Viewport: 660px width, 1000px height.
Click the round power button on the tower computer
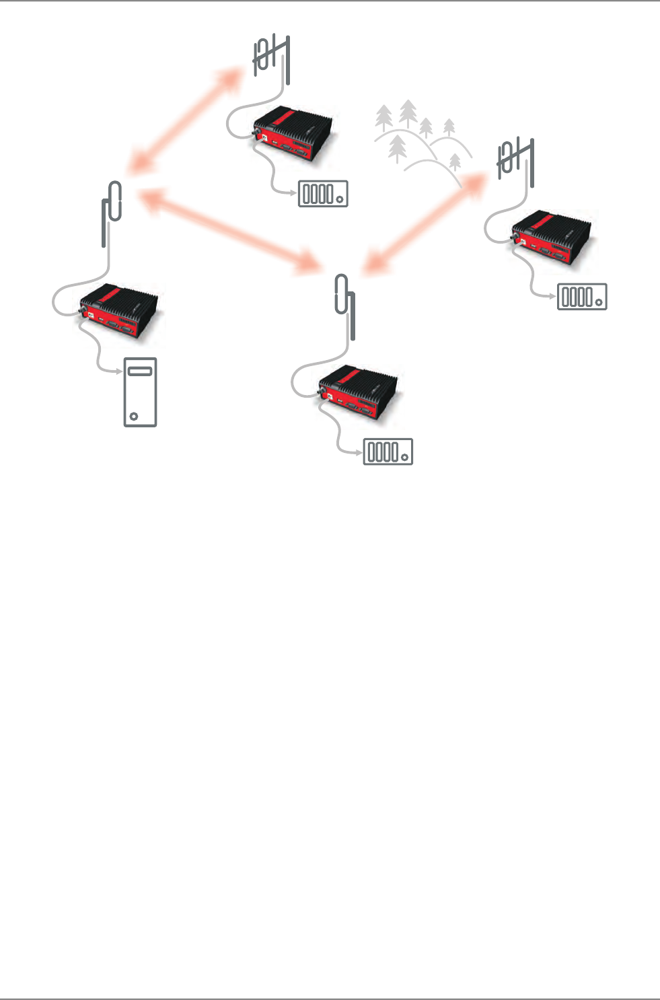pyautogui.click(x=134, y=416)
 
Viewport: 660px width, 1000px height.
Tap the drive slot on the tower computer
pyautogui.click(x=140, y=371)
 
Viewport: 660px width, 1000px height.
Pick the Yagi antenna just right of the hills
pyautogui.click(x=515, y=159)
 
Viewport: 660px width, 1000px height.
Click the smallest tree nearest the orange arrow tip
pyautogui.click(x=455, y=162)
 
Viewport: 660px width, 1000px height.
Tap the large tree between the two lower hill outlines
pyautogui.click(x=398, y=149)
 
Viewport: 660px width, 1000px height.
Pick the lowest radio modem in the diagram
pyautogui.click(x=361, y=393)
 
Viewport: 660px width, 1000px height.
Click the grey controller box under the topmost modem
pyautogui.click(x=323, y=194)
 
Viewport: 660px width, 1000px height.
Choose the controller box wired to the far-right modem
pyautogui.click(x=582, y=297)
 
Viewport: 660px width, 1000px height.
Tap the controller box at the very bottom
pyautogui.click(x=388, y=452)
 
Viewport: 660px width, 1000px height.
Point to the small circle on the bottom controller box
pyautogui.click(x=404, y=458)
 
